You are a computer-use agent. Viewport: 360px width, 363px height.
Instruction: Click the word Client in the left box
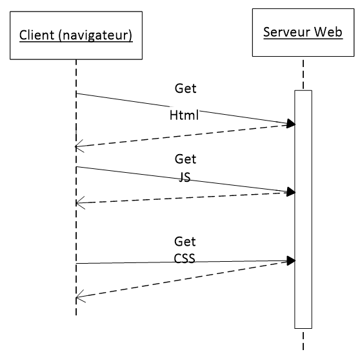pyautogui.click(x=37, y=35)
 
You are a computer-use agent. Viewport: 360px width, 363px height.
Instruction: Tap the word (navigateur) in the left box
pyautogui.click(x=95, y=35)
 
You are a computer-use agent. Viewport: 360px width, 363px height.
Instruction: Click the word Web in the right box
pyautogui.click(x=328, y=32)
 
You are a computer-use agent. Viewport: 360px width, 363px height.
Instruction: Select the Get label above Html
pyautogui.click(x=186, y=88)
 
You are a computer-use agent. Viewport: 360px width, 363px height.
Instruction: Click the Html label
pyautogui.click(x=184, y=115)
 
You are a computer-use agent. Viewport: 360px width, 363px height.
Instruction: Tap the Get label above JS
pyautogui.click(x=186, y=159)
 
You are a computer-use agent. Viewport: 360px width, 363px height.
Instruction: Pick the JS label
pyautogui.click(x=185, y=177)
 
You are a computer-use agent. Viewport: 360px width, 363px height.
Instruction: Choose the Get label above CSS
pyautogui.click(x=185, y=242)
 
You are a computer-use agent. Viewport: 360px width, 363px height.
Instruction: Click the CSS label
pyautogui.click(x=185, y=259)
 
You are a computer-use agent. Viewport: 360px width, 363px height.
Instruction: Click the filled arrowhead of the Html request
pyautogui.click(x=291, y=123)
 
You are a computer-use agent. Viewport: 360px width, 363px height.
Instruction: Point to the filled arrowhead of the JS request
pyautogui.click(x=291, y=191)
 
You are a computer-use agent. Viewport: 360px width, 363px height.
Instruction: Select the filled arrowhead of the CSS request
pyautogui.click(x=291, y=260)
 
